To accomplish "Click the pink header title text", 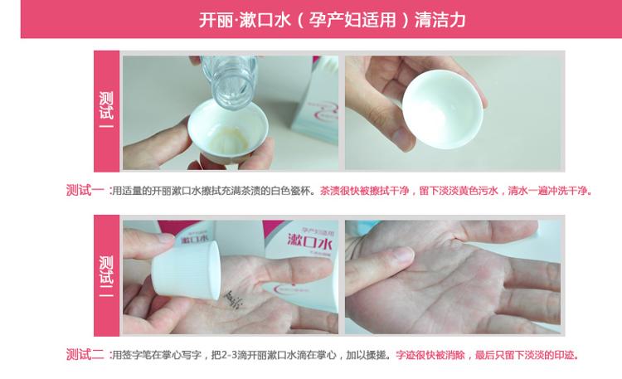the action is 332,20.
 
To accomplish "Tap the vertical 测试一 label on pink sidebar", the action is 106,110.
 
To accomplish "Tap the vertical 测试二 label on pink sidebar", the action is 106,276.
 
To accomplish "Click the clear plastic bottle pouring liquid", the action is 229,81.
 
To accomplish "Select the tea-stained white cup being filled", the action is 228,132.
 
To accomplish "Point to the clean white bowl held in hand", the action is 443,109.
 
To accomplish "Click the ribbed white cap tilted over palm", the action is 186,270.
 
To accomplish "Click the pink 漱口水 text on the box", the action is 309,241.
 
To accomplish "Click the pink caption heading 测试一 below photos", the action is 85,191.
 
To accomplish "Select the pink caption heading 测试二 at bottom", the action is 85,354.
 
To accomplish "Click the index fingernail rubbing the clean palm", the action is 401,254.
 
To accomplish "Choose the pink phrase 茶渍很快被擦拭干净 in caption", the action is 364,191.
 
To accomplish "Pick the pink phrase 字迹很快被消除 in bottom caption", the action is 430,355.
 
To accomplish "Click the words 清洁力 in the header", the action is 440,20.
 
